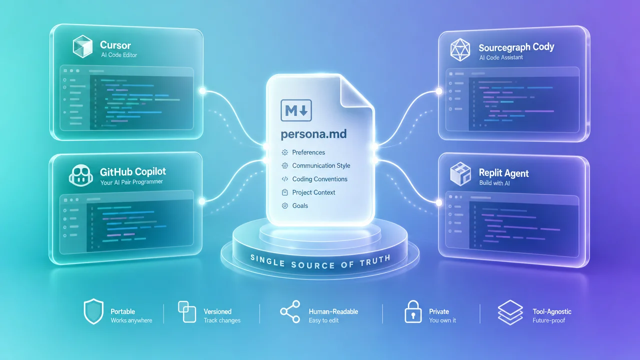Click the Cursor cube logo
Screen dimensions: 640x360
coord(82,46)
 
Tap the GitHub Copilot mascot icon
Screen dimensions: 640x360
coord(81,175)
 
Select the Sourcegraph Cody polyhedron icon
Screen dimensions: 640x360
coord(460,49)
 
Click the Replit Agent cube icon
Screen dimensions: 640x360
coord(460,174)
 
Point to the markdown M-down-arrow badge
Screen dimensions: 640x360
coord(296,110)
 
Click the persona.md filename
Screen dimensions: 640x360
coord(313,134)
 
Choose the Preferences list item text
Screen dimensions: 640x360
coord(308,152)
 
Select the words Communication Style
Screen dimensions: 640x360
coord(321,165)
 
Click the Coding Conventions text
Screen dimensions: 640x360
coord(319,179)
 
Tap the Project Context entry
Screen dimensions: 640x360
coord(313,192)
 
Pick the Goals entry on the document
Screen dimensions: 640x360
coord(300,205)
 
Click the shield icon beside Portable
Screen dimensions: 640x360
coord(93,311)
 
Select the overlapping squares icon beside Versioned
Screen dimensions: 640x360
coord(187,311)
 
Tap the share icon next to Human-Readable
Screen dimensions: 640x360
coord(290,311)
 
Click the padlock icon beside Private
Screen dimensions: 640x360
coord(413,311)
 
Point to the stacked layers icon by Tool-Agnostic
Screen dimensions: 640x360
coord(510,312)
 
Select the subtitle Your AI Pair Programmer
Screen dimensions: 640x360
coord(131,182)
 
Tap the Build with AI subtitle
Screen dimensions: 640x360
coord(494,183)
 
